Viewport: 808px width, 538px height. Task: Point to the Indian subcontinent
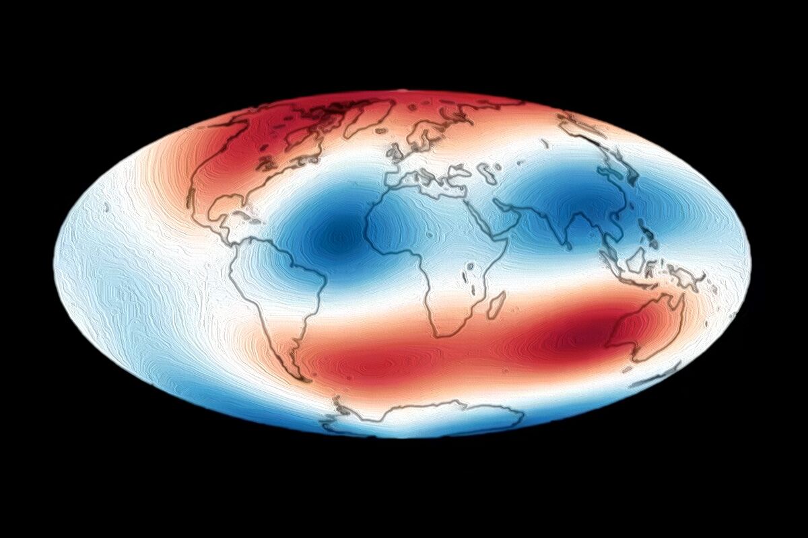point(566,225)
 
